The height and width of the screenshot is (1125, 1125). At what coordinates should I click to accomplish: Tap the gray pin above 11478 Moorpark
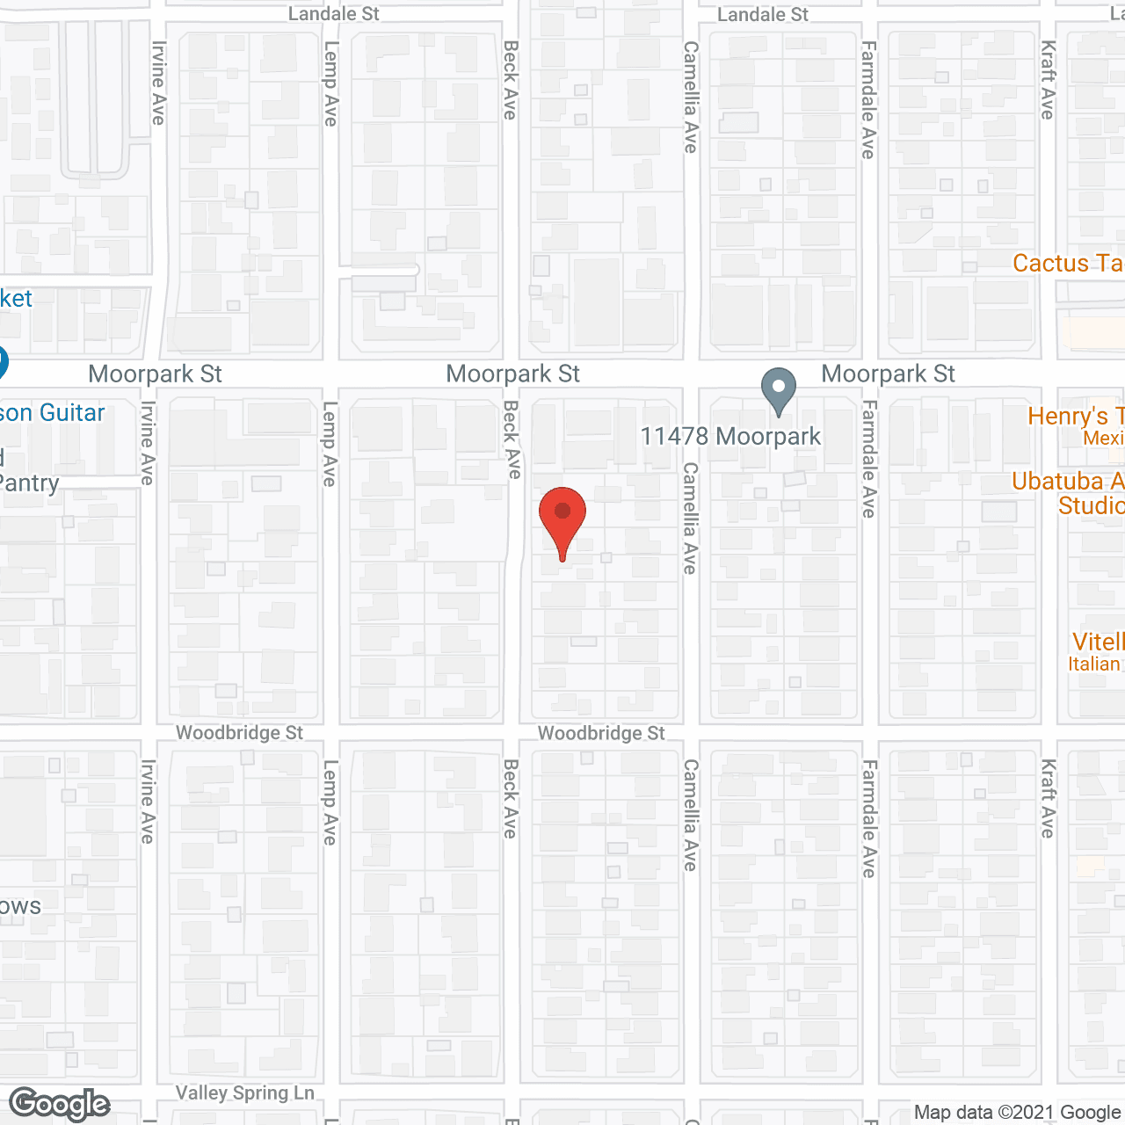778,389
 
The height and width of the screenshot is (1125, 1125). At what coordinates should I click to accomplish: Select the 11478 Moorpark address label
730,437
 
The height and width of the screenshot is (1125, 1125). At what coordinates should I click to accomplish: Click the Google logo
60,1104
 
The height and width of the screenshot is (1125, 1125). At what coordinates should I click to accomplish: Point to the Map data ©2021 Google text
1018,1113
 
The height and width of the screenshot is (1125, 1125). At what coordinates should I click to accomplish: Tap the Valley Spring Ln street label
244,1092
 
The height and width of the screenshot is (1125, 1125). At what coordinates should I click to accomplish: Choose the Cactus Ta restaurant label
1068,264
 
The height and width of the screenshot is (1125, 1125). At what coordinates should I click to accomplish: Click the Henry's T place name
1076,416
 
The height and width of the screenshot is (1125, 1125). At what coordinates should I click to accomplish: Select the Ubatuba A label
1068,482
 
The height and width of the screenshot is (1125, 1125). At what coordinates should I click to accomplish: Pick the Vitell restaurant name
1098,642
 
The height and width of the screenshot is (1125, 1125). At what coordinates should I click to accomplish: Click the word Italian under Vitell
1094,664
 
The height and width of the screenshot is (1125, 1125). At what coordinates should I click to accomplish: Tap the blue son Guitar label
53,413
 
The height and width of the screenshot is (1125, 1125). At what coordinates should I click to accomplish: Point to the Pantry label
30,483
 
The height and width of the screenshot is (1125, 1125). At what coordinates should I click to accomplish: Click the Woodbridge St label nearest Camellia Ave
601,733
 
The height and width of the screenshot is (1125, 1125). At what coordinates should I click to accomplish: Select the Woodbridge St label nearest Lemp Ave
239,733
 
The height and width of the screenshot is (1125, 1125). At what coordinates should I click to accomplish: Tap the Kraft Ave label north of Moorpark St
1048,80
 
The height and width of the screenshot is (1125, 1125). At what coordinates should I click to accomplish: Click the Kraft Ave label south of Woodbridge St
1048,798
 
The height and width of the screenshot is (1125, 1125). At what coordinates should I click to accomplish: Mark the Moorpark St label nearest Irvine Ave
155,374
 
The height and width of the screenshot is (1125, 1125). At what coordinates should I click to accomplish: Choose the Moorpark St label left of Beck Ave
512,374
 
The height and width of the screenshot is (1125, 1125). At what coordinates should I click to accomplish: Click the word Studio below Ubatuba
1091,506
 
